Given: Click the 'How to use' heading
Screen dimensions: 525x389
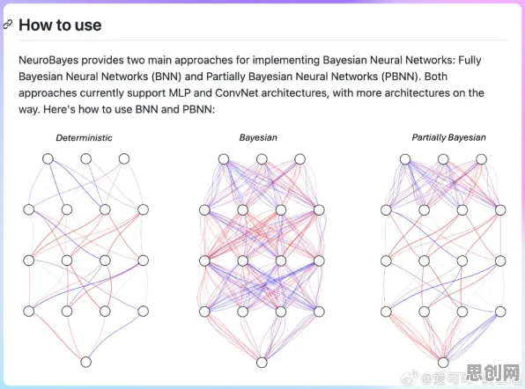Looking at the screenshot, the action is [x=60, y=26].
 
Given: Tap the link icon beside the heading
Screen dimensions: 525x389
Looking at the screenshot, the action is [x=8, y=24].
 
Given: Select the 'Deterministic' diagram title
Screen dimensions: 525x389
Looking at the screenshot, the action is [x=84, y=138].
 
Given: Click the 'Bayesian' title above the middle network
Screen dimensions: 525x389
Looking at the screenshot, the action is [x=258, y=137].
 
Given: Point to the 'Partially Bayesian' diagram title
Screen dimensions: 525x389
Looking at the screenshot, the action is [x=448, y=137].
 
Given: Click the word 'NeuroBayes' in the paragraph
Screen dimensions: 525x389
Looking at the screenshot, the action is [x=48, y=60].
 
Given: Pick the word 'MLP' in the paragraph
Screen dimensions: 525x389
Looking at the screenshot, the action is [x=180, y=92].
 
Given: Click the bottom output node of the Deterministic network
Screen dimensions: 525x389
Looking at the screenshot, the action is [x=86, y=362].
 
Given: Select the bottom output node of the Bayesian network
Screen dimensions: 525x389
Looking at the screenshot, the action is [x=262, y=363].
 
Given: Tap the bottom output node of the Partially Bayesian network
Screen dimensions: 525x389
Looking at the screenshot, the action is [x=443, y=363].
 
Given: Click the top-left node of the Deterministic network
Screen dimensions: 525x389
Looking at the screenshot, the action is [x=48, y=158].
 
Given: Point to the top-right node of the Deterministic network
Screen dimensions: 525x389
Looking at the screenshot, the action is [x=124, y=158].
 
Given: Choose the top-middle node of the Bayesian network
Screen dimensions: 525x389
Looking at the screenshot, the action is [x=262, y=159].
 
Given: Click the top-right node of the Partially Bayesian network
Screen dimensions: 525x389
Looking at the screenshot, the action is [x=482, y=159].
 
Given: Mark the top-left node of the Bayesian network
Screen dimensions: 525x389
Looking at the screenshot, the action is [x=224, y=159].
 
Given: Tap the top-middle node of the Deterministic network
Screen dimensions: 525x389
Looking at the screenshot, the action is [x=86, y=158].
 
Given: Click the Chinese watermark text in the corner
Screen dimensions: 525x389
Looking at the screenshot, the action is [x=493, y=373].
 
